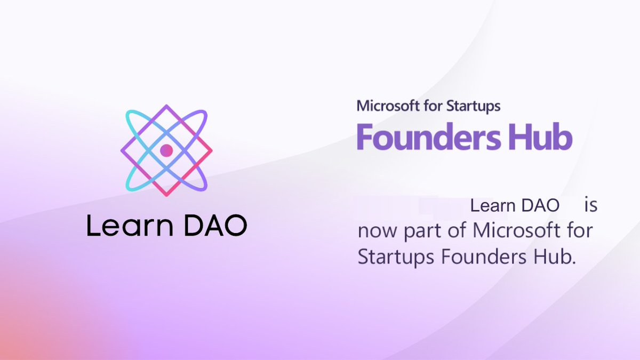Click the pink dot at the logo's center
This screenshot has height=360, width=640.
pyautogui.click(x=166, y=150)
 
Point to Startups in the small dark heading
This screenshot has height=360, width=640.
pyautogui.click(x=474, y=106)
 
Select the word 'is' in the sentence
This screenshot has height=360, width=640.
pyautogui.click(x=590, y=206)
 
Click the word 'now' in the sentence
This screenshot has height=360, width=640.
pyautogui.click(x=377, y=232)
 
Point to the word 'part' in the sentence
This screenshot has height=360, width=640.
pyautogui.click(x=421, y=233)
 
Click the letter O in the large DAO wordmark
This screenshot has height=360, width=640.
pyautogui.click(x=235, y=226)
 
